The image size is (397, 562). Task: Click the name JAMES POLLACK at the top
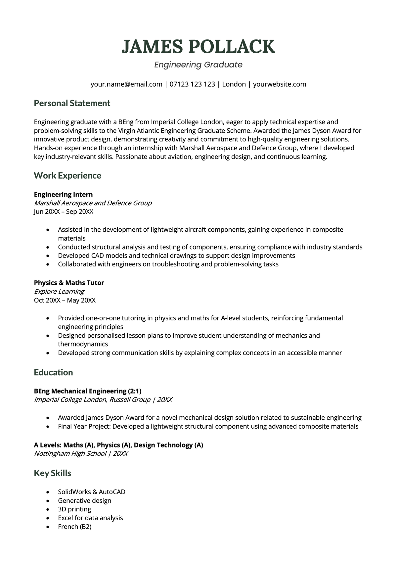[x=198, y=47]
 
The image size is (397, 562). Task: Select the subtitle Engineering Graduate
[x=198, y=65]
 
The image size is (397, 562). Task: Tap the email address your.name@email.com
[x=126, y=84]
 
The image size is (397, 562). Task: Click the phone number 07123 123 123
[x=192, y=84]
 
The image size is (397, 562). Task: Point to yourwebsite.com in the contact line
[x=280, y=84]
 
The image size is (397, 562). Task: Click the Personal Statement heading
[x=72, y=103]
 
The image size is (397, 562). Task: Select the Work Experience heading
[x=67, y=175]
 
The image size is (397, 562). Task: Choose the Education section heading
[x=53, y=372]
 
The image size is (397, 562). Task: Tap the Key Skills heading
[x=52, y=473]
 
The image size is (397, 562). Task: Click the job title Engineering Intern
[x=63, y=195]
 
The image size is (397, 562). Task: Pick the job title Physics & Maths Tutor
[x=69, y=283]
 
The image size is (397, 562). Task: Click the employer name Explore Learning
[x=59, y=292]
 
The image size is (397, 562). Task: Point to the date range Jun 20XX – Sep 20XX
[x=64, y=211]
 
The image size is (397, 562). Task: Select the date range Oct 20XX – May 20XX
[x=65, y=300]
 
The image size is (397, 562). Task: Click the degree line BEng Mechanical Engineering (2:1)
[x=88, y=391]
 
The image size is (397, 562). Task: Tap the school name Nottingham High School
[x=70, y=453]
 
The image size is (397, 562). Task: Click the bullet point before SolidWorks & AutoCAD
[x=48, y=492]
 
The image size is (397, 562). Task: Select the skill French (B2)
[x=74, y=527]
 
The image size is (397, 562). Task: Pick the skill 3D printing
[x=74, y=509]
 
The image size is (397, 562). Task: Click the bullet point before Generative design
[x=48, y=501]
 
